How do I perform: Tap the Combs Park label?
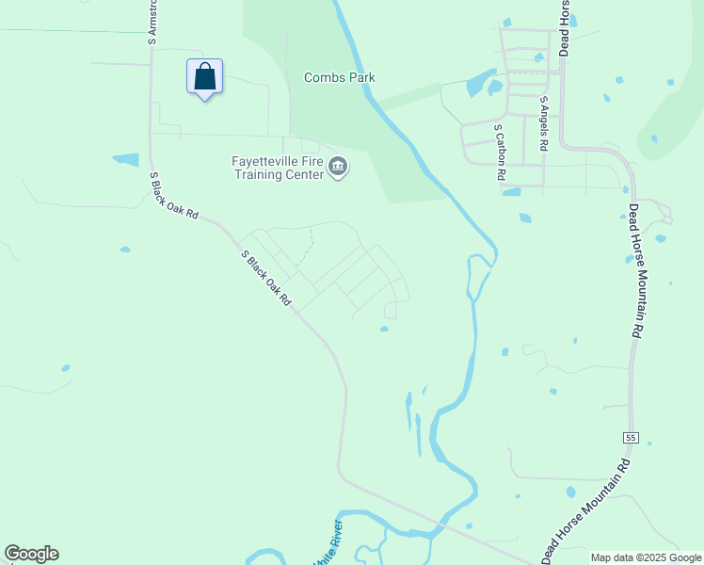pyautogui.click(x=339, y=77)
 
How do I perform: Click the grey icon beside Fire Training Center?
pyautogui.click(x=339, y=168)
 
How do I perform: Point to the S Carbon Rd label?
pyautogui.click(x=501, y=151)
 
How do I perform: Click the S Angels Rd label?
pyautogui.click(x=544, y=123)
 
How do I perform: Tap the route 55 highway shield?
pyautogui.click(x=630, y=438)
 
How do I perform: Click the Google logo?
pyautogui.click(x=31, y=554)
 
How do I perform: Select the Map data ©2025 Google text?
pyautogui.click(x=647, y=557)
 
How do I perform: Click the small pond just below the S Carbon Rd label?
pyautogui.click(x=512, y=192)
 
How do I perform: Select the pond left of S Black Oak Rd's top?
pyautogui.click(x=125, y=159)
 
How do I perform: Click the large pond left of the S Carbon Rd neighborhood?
pyautogui.click(x=481, y=83)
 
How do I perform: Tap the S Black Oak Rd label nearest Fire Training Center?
pyautogui.click(x=175, y=196)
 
